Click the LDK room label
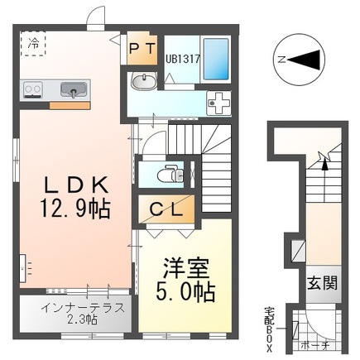pos(76,185)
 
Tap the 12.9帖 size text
pos(75,209)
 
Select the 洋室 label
pos(186,268)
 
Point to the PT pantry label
pos(142,50)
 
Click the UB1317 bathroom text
pos(183,59)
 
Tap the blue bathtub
pos(216,59)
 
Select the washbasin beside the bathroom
pos(143,81)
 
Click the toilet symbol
pos(170,174)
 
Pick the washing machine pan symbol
pos(219,103)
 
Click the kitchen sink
pos(74,90)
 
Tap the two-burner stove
pos(33,89)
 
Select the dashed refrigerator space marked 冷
pos(33,43)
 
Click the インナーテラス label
pos(83,308)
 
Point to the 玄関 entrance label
pos(323,283)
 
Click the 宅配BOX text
pos(269,329)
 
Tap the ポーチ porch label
pos(315,345)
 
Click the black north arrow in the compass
pos(304,60)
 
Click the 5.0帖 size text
pos(185,291)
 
